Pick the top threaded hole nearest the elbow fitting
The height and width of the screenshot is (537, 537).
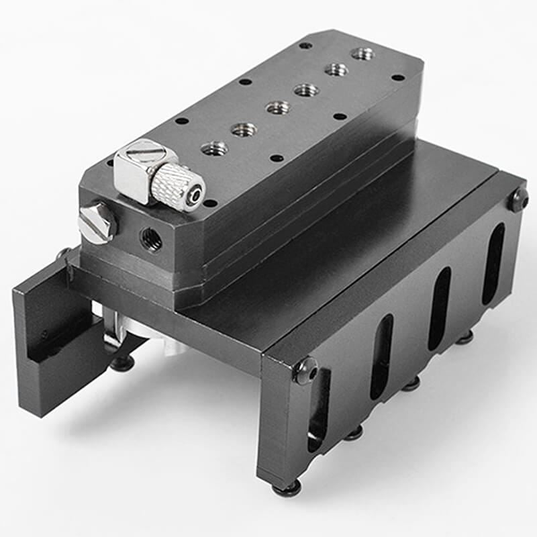coord(214,148)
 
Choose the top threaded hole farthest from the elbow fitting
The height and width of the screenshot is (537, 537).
coord(362,53)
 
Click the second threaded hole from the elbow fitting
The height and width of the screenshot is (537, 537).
coord(244,129)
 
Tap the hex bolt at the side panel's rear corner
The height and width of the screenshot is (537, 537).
coord(518,199)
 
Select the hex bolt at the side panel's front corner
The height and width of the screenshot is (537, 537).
coord(306,370)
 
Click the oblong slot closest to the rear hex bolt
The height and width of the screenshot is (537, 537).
coord(493,254)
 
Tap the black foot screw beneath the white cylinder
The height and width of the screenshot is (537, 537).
coord(121,364)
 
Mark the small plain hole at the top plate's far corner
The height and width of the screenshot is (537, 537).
coord(305,45)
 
